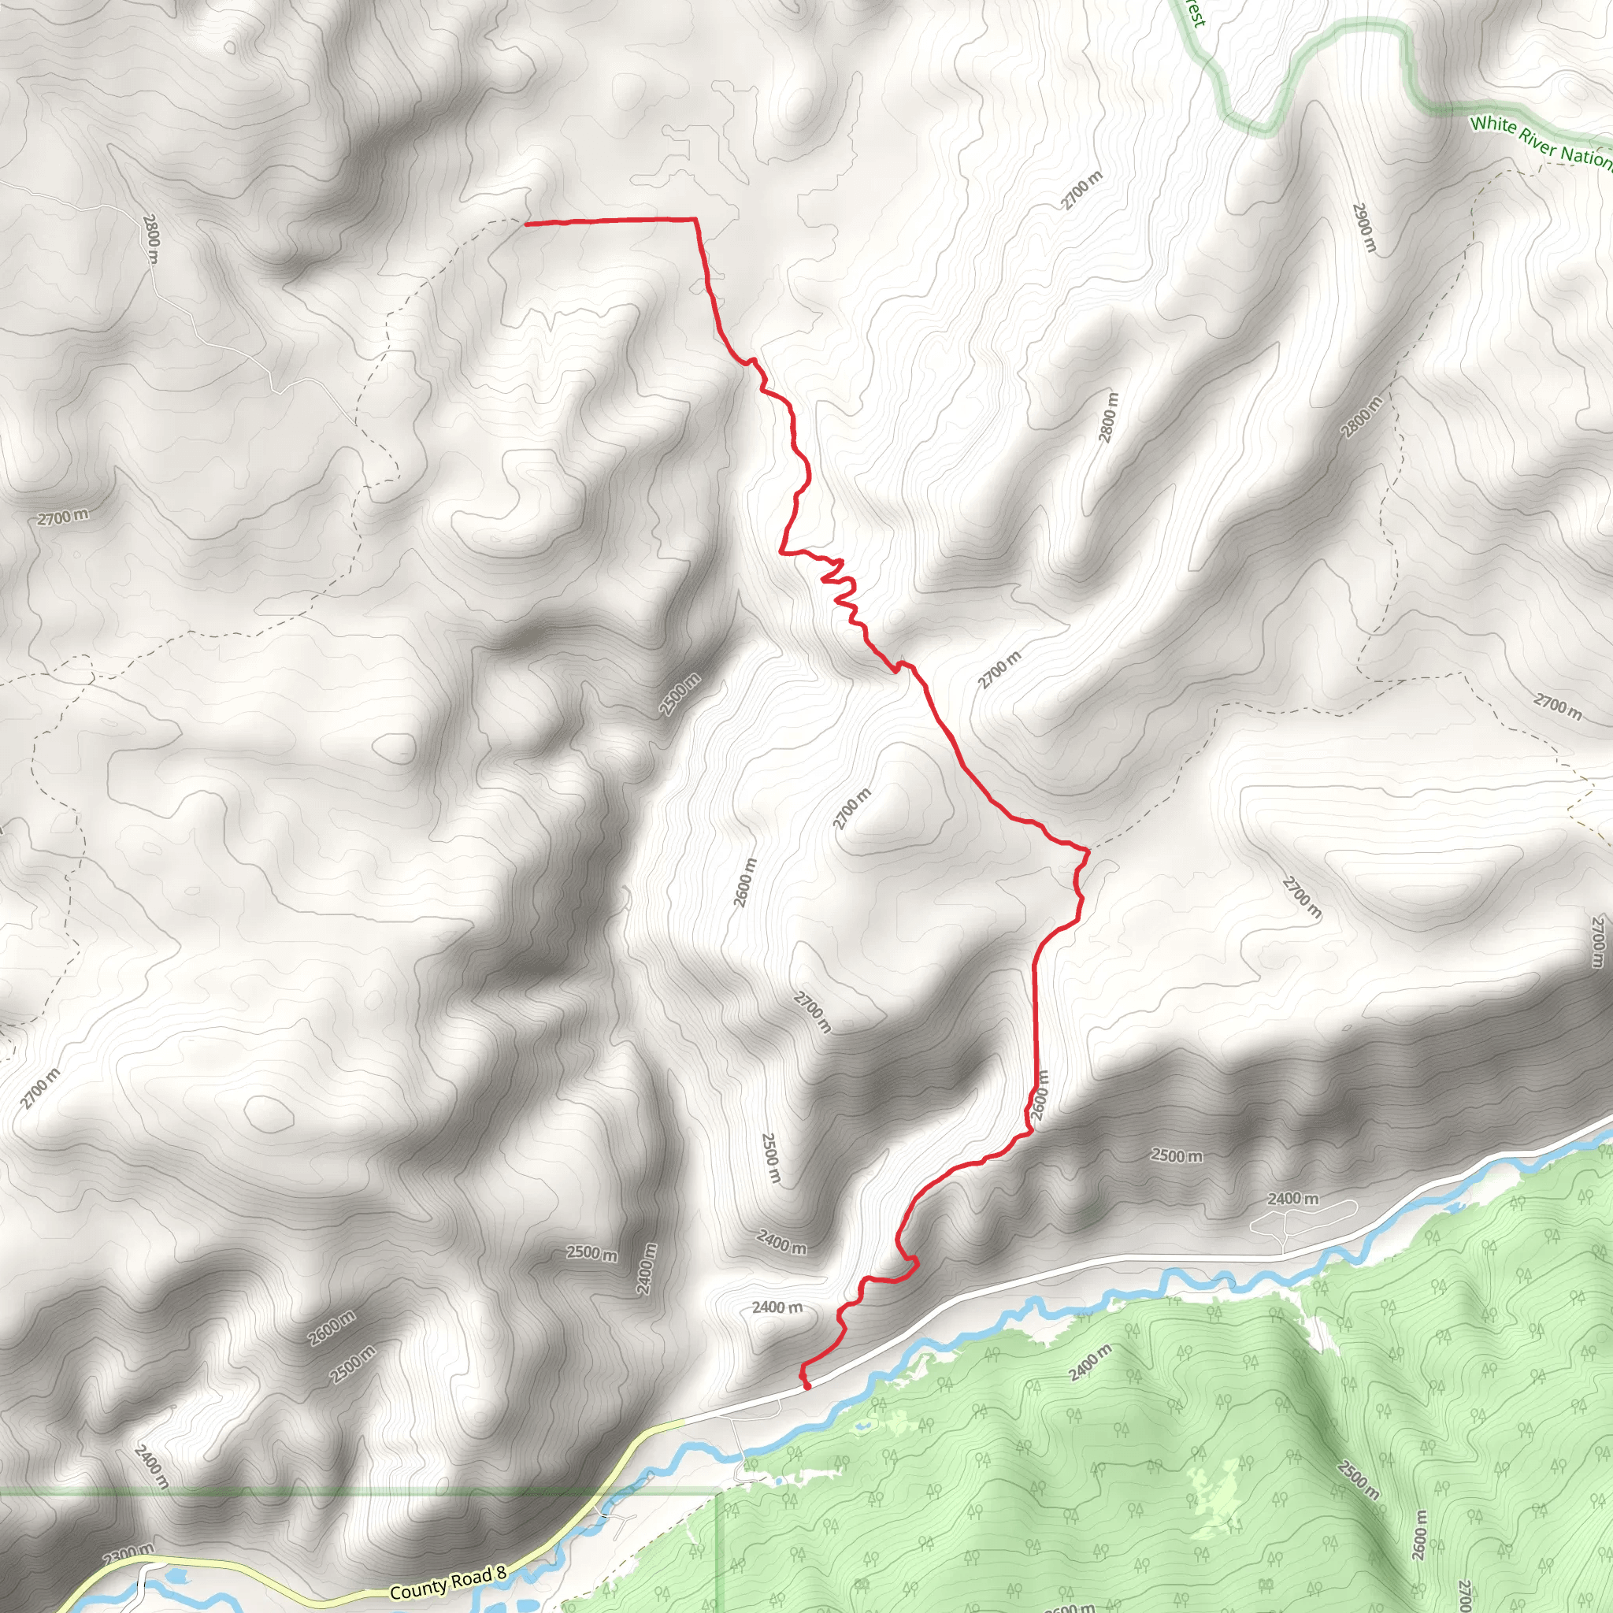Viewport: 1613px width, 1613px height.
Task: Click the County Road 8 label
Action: click(447, 1583)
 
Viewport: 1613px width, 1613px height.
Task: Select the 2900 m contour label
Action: click(1363, 226)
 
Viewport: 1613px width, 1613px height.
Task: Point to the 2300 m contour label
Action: click(128, 1554)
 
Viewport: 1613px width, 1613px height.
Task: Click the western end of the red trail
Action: click(526, 224)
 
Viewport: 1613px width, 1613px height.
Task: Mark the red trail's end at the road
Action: click(807, 1388)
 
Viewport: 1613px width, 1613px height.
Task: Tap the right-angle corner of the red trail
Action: click(695, 220)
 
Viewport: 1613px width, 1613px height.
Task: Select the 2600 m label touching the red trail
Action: click(1040, 1096)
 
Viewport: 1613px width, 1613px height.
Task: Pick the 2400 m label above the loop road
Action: click(1293, 1199)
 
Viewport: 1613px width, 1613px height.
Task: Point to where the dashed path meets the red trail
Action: click(1087, 850)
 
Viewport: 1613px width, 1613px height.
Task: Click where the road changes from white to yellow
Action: click(683, 1419)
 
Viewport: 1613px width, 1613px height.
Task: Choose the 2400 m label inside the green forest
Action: click(1089, 1362)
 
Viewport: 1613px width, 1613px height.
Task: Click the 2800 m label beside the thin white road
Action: click(150, 238)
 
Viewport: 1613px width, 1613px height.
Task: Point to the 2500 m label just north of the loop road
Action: click(1177, 1155)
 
